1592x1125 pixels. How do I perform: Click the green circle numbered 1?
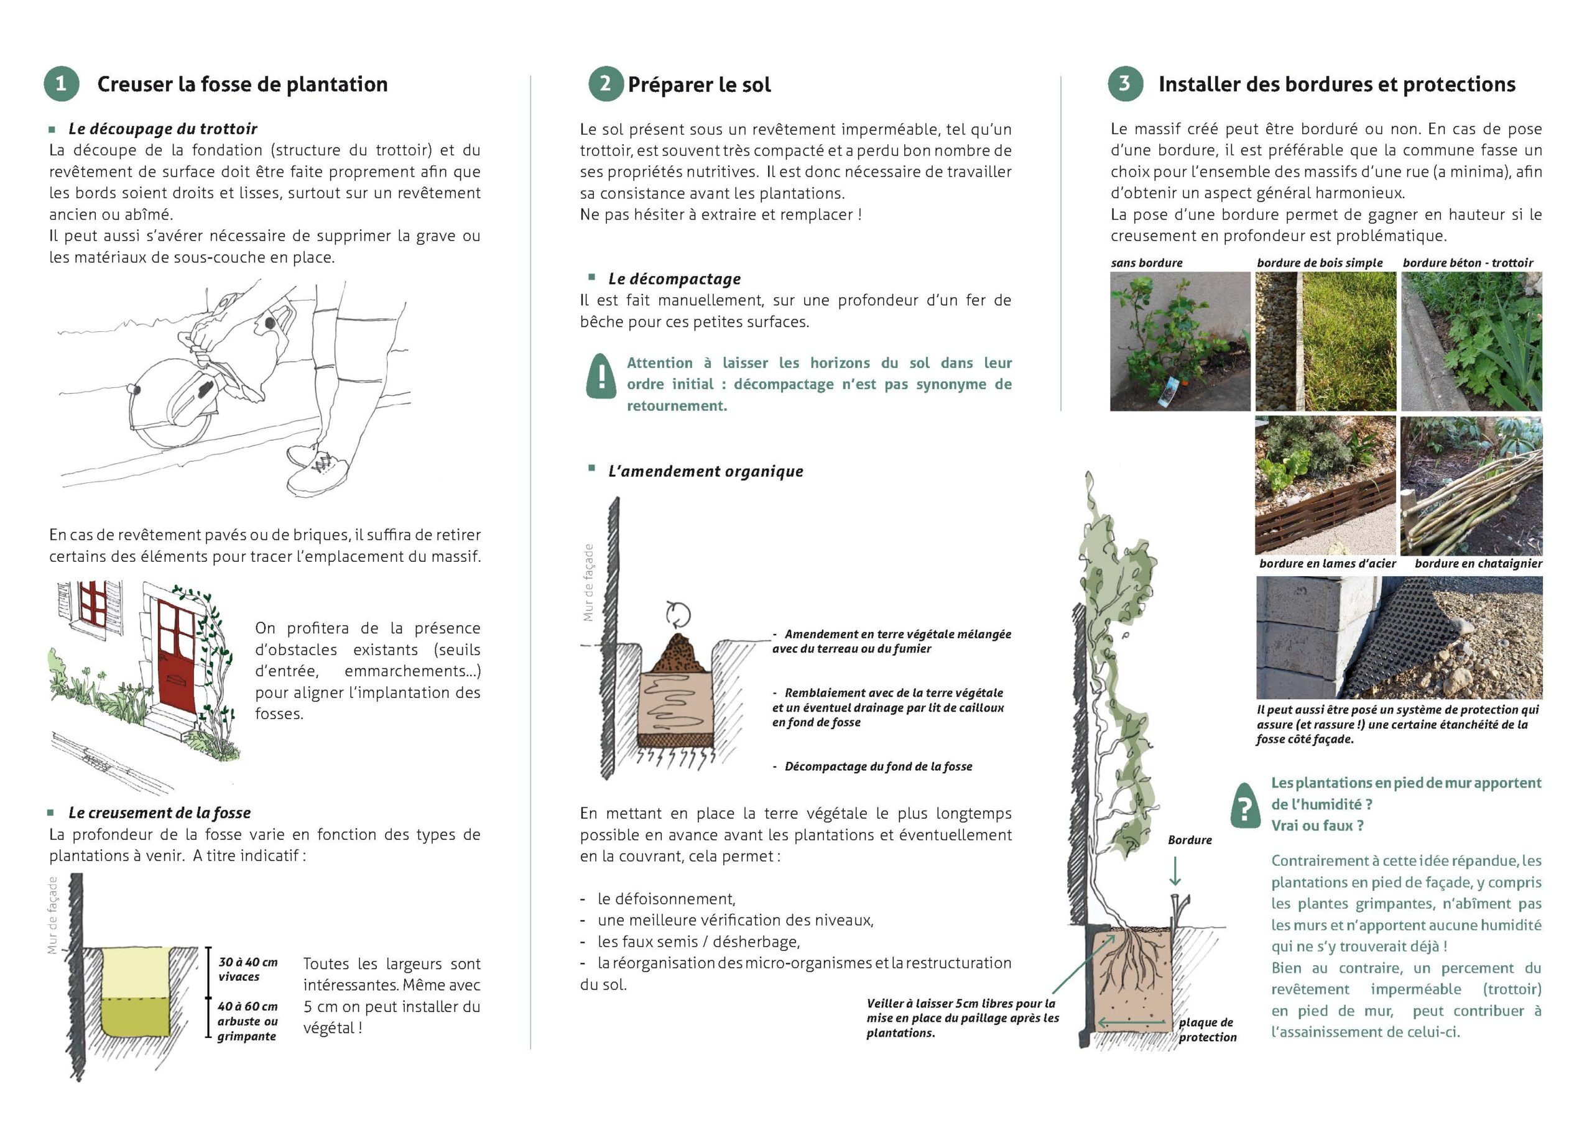click(61, 84)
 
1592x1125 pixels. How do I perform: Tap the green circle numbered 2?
click(605, 84)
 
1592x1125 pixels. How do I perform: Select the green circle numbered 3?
click(1125, 84)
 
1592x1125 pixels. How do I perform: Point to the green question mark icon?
click(1246, 806)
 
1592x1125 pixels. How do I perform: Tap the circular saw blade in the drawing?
click(170, 403)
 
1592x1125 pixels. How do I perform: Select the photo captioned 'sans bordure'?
click(1180, 341)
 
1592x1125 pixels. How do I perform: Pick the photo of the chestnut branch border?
click(1471, 485)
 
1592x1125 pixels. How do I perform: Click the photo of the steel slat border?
click(1325, 485)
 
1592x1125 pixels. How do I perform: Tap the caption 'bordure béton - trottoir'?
click(1467, 263)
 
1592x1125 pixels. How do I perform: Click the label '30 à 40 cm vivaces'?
click(248, 969)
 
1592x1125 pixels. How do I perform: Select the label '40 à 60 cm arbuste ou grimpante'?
click(248, 1021)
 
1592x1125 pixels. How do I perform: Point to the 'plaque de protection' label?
click(1207, 1029)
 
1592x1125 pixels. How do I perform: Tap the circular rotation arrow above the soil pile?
click(678, 613)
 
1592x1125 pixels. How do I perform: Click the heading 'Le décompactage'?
click(674, 278)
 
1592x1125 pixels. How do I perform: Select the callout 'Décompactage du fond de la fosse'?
click(877, 766)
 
